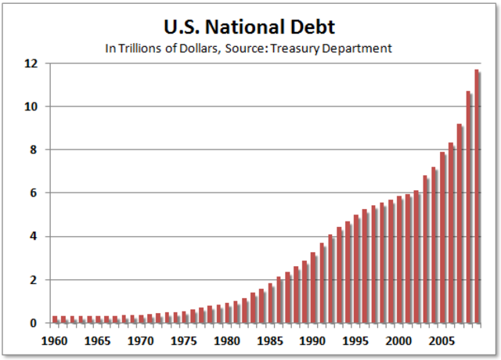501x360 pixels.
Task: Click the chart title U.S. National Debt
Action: [249, 28]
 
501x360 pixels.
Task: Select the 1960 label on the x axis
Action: [56, 341]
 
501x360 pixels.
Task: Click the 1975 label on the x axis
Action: [184, 341]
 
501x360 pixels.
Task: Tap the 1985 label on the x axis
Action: [270, 341]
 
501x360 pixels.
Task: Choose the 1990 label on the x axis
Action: [313, 341]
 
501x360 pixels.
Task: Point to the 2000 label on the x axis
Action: [398, 341]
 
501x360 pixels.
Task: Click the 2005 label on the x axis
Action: [442, 341]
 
